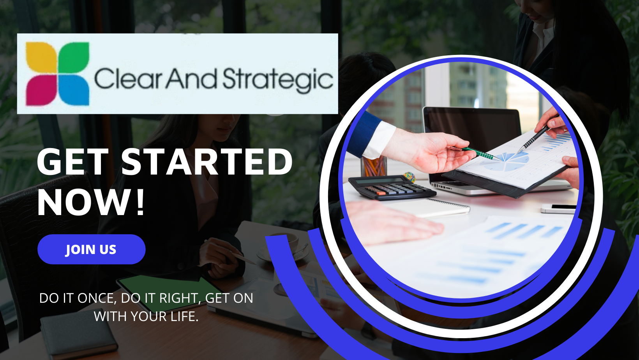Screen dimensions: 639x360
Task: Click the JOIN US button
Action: pos(91,249)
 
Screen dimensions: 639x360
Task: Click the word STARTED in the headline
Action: pos(207,162)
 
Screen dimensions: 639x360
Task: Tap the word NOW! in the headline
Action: pos(91,202)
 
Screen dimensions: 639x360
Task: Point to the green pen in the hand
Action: pos(482,154)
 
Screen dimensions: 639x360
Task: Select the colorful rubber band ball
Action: pos(410,177)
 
